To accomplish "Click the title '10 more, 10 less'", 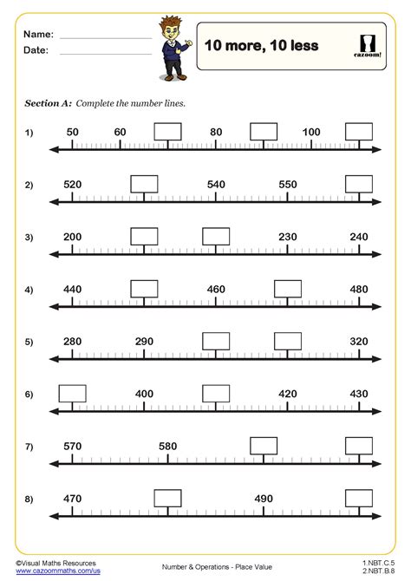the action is (261, 45).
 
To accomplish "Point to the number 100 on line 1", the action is (311, 132).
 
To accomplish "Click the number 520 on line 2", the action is (72, 185).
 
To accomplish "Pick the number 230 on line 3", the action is (287, 237).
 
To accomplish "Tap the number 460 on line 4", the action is (216, 290).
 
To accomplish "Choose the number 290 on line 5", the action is (144, 342).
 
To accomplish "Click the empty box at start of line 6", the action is (72, 393).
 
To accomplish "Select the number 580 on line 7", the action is (168, 446).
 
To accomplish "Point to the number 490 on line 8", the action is (264, 499).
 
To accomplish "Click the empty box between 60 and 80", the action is (168, 131).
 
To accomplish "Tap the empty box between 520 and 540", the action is (144, 184).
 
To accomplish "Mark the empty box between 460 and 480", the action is (288, 289).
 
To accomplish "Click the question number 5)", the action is (29, 343).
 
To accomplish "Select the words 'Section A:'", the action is (48, 103).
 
